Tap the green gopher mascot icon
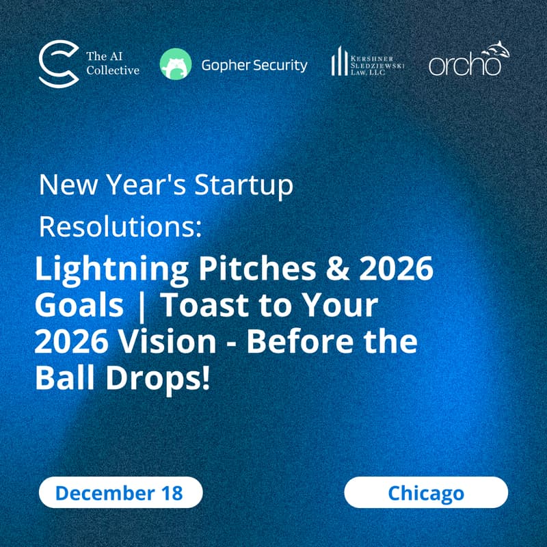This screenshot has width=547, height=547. pos(175,64)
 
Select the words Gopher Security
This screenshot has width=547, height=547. pos(254,65)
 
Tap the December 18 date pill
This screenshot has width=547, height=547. pos(120,492)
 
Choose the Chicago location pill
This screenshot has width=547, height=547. pos(425,492)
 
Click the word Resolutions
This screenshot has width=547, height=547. pos(120,227)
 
